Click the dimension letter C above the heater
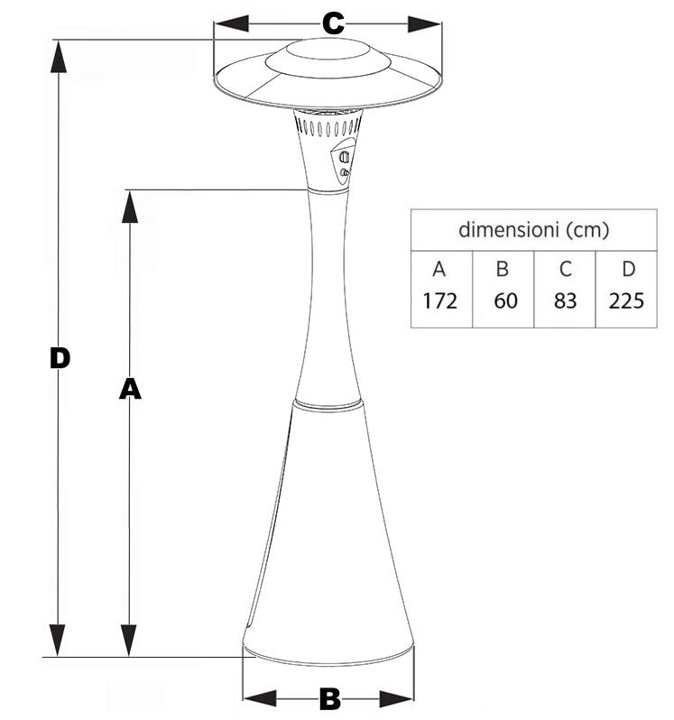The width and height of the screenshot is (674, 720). point(333,23)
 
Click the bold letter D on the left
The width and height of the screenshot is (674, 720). point(60,358)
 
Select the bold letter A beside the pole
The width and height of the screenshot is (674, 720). point(131,388)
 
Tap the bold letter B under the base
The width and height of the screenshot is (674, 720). point(329,697)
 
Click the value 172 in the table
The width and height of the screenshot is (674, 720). point(439,300)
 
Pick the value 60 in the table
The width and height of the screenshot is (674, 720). point(506,300)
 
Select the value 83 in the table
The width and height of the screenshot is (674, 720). point(565,300)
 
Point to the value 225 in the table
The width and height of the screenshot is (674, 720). point(626,300)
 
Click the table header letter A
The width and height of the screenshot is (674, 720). point(439,268)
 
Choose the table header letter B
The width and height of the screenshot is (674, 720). point(503,268)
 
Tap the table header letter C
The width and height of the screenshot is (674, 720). point(565,268)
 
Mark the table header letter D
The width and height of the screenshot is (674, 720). point(628,268)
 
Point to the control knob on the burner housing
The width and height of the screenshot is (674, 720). point(343,158)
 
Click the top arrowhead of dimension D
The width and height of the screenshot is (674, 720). point(60,56)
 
